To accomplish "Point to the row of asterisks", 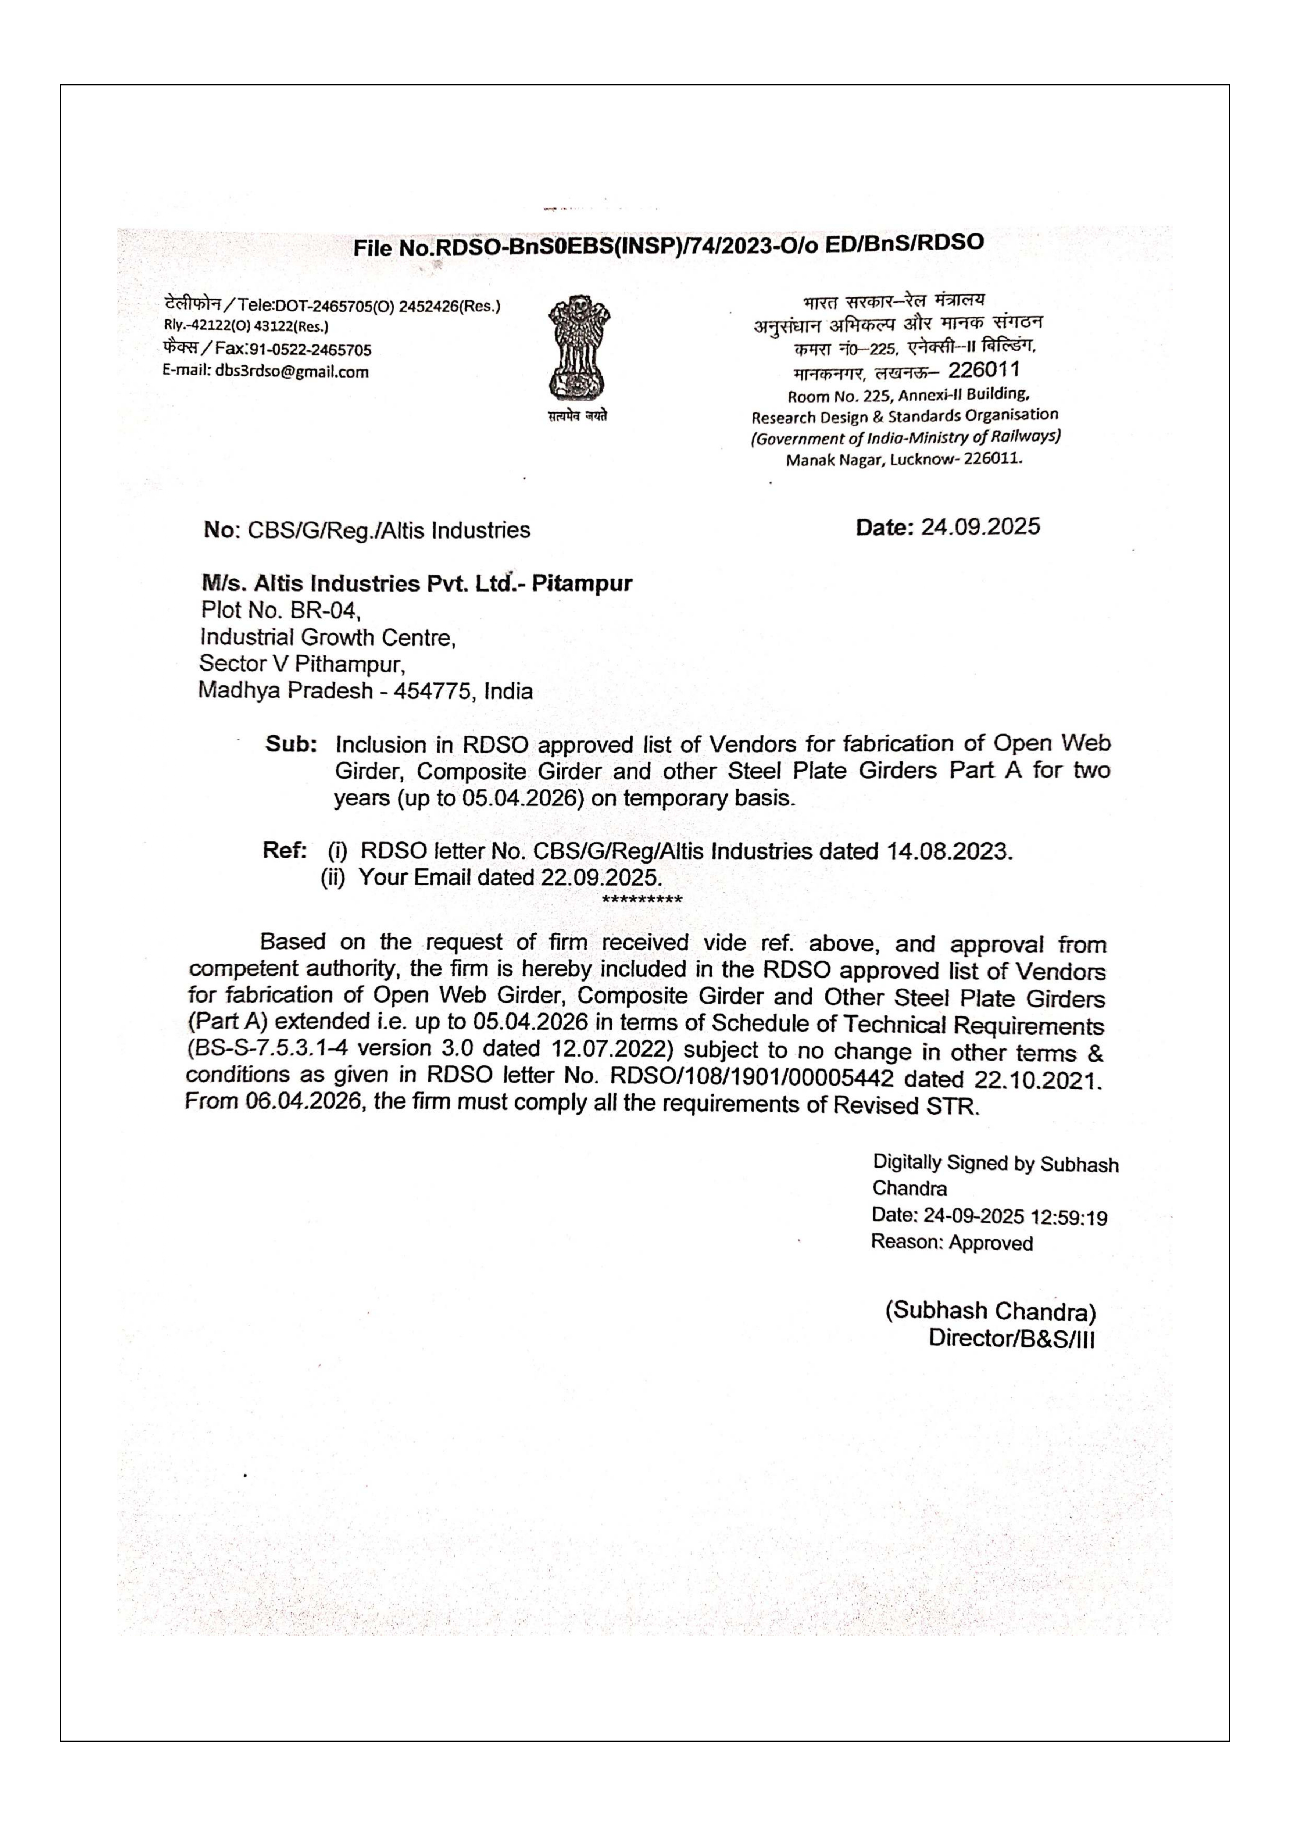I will point(642,900).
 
